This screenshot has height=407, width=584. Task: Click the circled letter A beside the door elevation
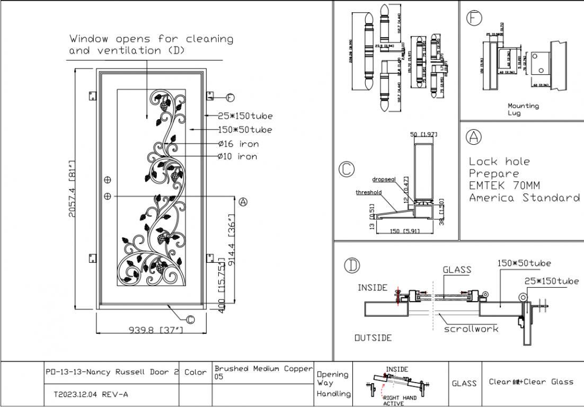(243, 202)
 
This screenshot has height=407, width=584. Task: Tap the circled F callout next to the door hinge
(231, 98)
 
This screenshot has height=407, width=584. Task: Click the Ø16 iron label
(238, 144)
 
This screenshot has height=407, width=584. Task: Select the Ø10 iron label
(237, 156)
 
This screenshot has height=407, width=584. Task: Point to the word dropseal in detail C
(384, 179)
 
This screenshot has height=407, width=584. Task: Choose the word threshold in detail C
(368, 192)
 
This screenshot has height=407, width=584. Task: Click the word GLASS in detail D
(457, 270)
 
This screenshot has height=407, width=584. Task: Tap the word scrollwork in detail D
(471, 329)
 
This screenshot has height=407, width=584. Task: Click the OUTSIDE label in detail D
(373, 338)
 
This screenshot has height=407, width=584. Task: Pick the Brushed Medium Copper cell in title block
(263, 372)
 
